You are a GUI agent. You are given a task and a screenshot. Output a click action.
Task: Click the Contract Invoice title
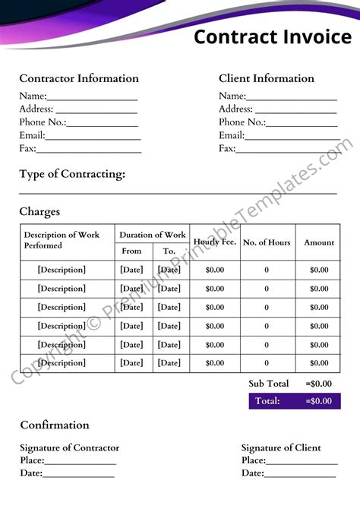coord(272,36)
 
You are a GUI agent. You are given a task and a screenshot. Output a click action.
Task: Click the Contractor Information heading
coord(79,78)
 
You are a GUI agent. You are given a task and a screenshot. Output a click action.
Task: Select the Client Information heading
coord(266,78)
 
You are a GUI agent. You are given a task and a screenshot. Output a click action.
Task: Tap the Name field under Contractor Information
coord(92,96)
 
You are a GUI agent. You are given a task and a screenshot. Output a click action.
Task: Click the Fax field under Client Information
coord(287,149)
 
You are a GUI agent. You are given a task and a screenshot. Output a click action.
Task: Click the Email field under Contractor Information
coord(93,136)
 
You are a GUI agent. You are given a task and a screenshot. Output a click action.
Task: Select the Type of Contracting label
coord(72,174)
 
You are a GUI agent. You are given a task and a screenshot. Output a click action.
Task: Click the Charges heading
coord(39,212)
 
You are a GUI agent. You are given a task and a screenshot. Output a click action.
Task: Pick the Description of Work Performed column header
coord(62,240)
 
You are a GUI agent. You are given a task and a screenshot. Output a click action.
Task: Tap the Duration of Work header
coord(152,235)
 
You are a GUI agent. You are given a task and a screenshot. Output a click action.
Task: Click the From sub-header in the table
coord(131,251)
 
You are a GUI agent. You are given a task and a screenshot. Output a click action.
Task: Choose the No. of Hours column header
coord(267,242)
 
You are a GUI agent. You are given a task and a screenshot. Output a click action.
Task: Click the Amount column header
coord(319,242)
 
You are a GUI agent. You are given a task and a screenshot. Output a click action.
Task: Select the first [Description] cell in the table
coord(62,270)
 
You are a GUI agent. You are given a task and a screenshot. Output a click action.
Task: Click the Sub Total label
coord(269,384)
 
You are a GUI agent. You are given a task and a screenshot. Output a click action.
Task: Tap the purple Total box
coord(294,401)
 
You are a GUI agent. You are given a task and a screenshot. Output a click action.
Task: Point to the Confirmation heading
coord(55,425)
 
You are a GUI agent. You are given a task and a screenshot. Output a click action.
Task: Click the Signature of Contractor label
coord(69,447)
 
